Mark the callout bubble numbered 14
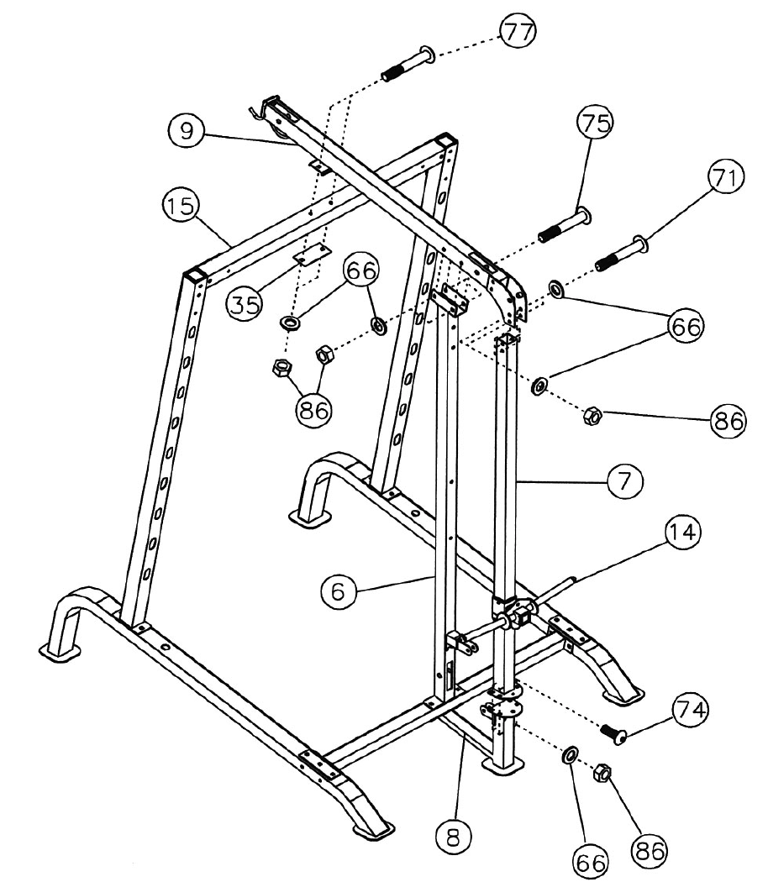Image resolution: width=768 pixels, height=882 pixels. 682,533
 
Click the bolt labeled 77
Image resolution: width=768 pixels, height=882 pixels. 408,65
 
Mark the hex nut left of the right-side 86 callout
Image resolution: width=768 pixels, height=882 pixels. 592,414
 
